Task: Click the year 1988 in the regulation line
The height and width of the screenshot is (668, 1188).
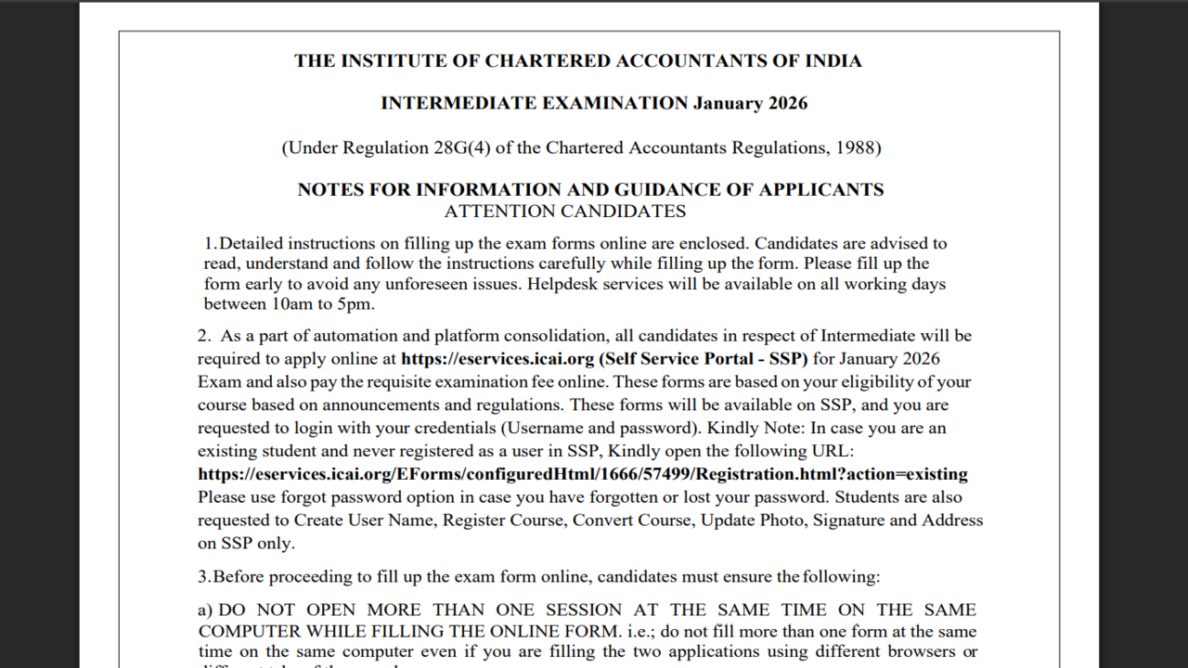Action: [854, 148]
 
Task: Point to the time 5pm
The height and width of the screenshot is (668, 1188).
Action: [358, 304]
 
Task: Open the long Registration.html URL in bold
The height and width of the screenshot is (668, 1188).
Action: [583, 474]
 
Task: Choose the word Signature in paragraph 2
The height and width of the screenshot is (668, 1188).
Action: [848, 520]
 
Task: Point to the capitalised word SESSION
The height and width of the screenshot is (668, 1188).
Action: [584, 610]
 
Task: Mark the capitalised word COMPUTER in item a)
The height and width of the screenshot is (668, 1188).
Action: [247, 632]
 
